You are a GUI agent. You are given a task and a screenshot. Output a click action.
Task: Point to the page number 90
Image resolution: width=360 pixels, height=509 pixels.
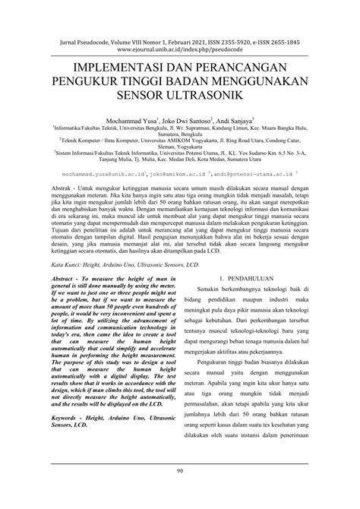(180, 492)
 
